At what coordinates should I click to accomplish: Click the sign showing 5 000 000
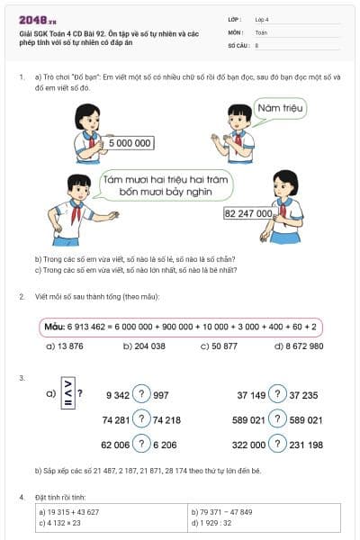(x=130, y=142)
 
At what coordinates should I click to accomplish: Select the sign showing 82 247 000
(x=247, y=214)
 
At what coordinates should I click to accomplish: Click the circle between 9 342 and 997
(x=141, y=394)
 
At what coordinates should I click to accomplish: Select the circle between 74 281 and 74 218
(x=141, y=419)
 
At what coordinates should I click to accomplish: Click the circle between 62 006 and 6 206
(x=141, y=445)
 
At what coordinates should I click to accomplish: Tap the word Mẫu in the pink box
(x=58, y=326)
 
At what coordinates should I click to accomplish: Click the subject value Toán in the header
(x=261, y=31)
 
